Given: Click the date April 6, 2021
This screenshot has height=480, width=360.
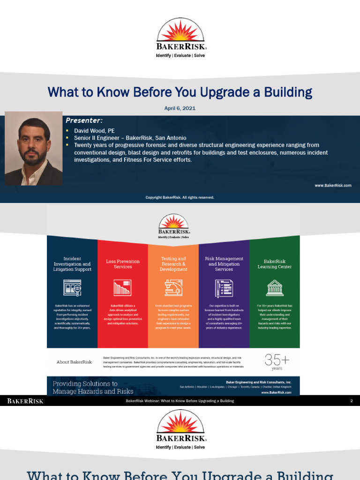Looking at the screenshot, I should click(180, 108).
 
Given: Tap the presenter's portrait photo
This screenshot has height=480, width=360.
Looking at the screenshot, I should click(33, 148).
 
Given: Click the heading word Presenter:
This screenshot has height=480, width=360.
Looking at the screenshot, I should click(84, 120).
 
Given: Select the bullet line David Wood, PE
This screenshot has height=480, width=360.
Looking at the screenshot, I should click(94, 131).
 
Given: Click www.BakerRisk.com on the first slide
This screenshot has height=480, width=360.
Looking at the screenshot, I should click(333, 186).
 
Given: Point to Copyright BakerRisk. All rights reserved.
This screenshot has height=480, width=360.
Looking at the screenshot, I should click(180, 197).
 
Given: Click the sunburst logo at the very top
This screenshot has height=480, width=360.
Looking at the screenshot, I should click(180, 30).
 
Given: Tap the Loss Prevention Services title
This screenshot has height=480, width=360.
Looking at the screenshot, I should click(123, 264).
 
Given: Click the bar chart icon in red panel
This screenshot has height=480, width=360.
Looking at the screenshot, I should click(122, 287).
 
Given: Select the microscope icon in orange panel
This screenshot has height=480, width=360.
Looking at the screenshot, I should click(173, 287).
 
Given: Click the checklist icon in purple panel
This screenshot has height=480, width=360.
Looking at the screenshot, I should click(224, 287).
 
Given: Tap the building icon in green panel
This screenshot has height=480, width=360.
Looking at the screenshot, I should click(274, 287).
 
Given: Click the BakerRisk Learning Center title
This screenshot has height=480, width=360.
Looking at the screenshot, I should click(274, 264).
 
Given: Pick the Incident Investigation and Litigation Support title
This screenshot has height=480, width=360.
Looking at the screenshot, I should click(72, 264).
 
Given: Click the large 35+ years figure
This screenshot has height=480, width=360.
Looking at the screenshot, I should click(277, 362).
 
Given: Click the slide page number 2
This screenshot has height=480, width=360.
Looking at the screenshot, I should click(351, 401).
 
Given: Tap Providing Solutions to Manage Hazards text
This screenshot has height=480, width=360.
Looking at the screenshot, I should click(93, 387).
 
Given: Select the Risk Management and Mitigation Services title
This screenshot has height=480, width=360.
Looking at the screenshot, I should click(224, 264).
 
